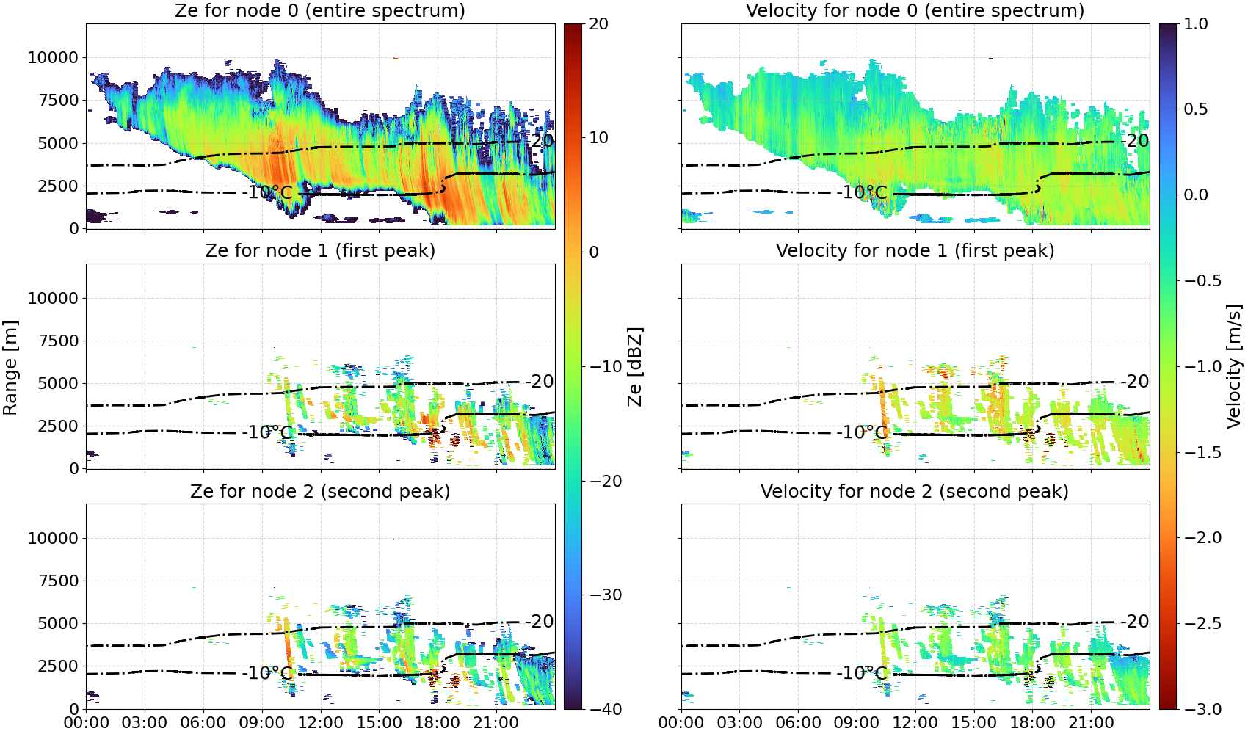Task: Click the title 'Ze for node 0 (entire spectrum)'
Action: (320, 10)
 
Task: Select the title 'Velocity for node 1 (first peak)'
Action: (915, 250)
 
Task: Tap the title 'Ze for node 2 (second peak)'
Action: (320, 491)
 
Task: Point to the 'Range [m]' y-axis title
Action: (10, 368)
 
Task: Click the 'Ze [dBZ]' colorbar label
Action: (634, 366)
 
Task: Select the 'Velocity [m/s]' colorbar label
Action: (1235, 366)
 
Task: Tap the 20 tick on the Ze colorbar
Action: (598, 24)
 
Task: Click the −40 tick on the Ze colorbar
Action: (605, 709)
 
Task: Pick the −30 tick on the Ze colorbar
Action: (605, 595)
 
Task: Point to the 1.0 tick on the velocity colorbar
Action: (1196, 24)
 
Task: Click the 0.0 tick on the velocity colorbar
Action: (1196, 195)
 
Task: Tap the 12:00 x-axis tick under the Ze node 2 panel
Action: (320, 723)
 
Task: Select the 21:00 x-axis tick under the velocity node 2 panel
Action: (1091, 723)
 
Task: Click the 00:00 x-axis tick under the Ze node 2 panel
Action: (87, 723)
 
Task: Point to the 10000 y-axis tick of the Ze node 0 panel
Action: (53, 57)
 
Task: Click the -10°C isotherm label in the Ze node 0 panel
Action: (267, 193)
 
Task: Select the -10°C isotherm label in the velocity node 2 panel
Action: (862, 673)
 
